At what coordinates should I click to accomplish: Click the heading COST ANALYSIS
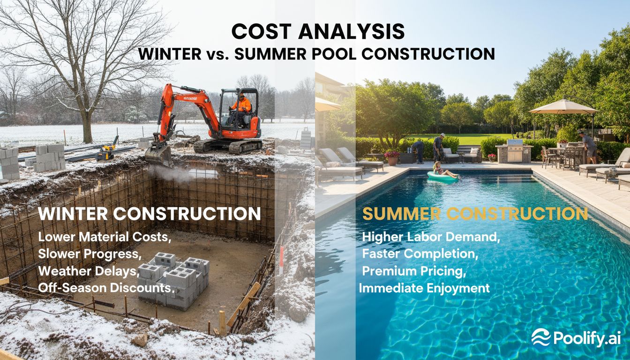pyautogui.click(x=318, y=31)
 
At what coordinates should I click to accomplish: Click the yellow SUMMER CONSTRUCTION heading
pyautogui.click(x=475, y=214)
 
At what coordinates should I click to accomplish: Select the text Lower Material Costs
pyautogui.click(x=104, y=237)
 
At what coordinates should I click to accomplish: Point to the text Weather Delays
pyautogui.click(x=88, y=271)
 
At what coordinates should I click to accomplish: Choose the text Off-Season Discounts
pyautogui.click(x=106, y=287)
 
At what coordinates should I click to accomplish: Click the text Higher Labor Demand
pyautogui.click(x=431, y=237)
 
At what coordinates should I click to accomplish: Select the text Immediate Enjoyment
pyautogui.click(x=424, y=287)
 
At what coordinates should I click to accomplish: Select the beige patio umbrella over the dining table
pyautogui.click(x=563, y=107)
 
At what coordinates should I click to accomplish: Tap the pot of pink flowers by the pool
pyautogui.click(x=391, y=156)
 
